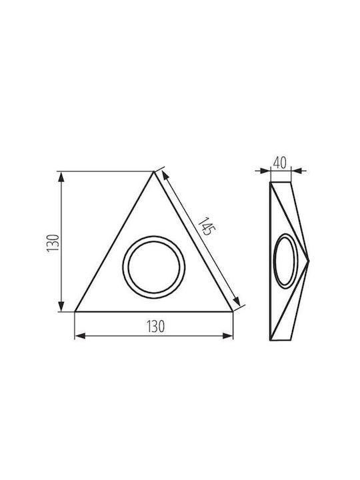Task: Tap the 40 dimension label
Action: click(280, 163)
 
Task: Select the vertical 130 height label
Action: click(53, 243)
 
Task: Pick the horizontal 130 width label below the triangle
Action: click(156, 327)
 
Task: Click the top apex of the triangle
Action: click(153, 172)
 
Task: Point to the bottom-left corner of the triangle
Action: click(75, 311)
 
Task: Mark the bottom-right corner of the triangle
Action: click(233, 311)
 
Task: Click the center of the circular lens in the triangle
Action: click(154, 267)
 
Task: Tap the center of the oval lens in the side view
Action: click(286, 261)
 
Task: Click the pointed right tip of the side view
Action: click(309, 261)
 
